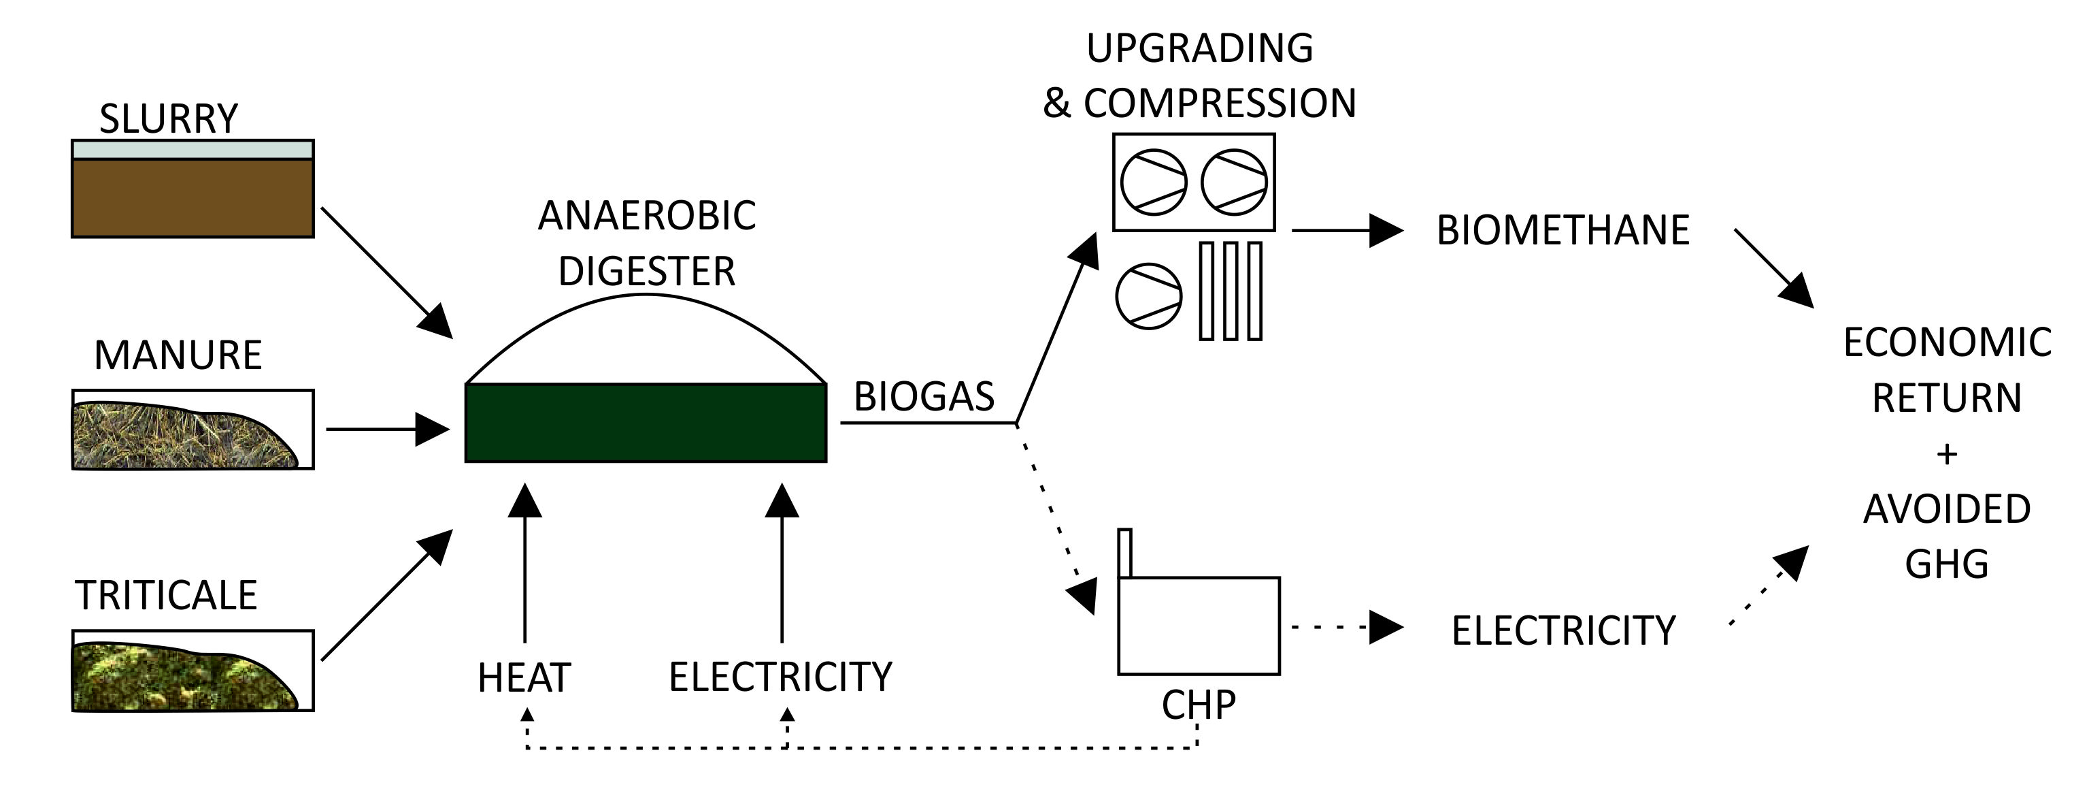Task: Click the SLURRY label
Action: point(169,118)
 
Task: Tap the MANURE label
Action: point(178,355)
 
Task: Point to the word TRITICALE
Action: point(166,596)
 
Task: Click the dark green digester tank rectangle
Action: point(646,423)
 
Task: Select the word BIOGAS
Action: point(924,397)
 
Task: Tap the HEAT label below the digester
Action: point(524,677)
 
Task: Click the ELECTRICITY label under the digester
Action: point(780,677)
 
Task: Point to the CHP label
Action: point(1198,705)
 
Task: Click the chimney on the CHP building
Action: point(1125,553)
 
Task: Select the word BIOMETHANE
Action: point(1562,230)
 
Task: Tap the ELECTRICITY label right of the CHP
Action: point(1562,631)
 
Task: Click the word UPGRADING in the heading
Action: point(1199,49)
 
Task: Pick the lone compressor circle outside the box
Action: point(1148,296)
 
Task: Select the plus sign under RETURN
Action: point(1946,454)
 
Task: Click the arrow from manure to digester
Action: point(387,429)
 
